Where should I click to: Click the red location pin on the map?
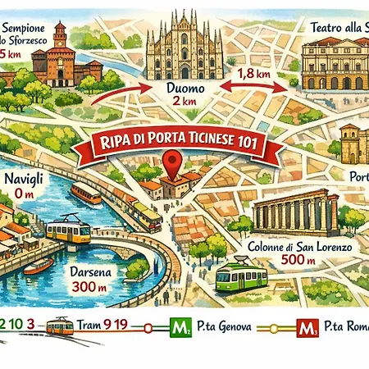coord(171,162)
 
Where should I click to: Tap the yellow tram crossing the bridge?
coord(67,231)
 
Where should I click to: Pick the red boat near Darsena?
coord(38,266)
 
